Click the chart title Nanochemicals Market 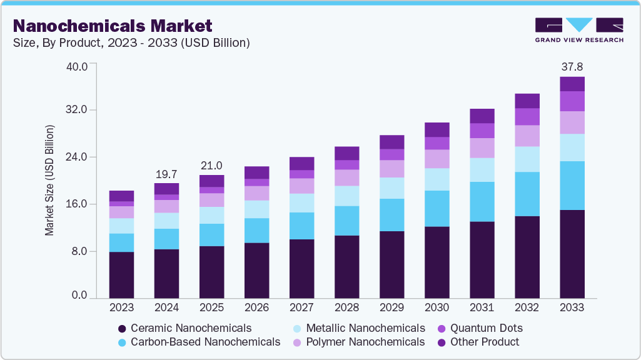coord(113,26)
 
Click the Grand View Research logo coord(579,30)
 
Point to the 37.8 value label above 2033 coord(572,66)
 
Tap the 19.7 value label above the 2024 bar coord(166,173)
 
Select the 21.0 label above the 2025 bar coord(211,166)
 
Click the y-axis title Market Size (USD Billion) coord(49,180)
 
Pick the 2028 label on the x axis coord(347,308)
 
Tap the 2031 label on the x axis coord(482,308)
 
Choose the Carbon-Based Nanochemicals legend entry coord(199,342)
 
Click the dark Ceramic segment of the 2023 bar coord(121,275)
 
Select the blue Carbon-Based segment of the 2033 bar coord(572,186)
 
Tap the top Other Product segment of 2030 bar coord(437,129)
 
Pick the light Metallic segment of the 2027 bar coord(301,203)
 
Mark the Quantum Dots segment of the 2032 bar coord(527,117)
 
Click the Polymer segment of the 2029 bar coord(392,169)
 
